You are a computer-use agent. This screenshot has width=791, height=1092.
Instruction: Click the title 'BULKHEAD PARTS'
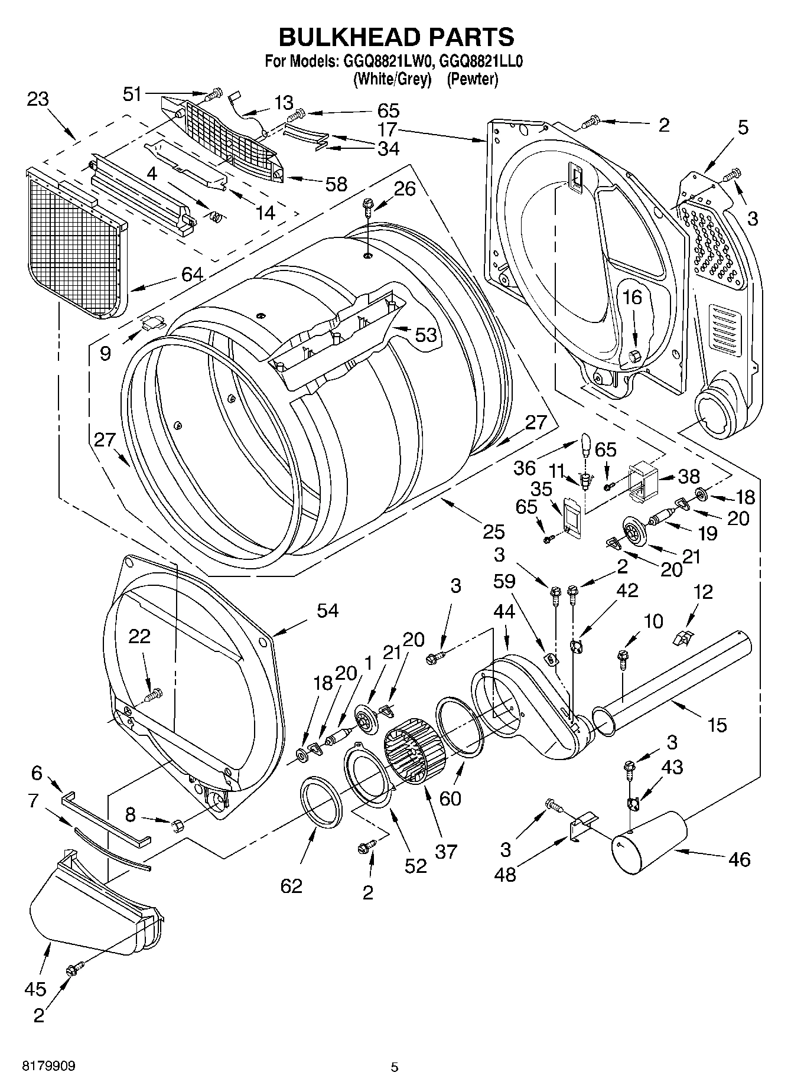[x=396, y=37]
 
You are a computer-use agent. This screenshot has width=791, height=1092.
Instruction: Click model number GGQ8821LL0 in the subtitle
[x=481, y=61]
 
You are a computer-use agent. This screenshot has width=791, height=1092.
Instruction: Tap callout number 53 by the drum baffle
[x=425, y=335]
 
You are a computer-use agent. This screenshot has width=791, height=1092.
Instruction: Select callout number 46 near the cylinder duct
[x=739, y=859]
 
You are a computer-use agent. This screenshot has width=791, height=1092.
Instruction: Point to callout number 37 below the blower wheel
[x=447, y=851]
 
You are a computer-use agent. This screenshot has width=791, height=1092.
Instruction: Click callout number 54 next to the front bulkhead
[x=327, y=610]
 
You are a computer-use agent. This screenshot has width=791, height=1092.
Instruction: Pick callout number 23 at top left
[x=37, y=99]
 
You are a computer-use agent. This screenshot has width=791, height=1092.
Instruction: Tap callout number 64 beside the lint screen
[x=193, y=274]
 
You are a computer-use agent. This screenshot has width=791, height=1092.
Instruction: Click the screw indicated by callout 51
[x=214, y=93]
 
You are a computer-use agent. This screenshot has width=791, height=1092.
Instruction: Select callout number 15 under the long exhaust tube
[x=717, y=724]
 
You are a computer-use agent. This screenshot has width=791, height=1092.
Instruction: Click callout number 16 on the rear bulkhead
[x=632, y=297]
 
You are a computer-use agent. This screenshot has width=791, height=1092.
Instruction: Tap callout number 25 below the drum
[x=494, y=532]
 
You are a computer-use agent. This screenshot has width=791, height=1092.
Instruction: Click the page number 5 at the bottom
[x=395, y=1067]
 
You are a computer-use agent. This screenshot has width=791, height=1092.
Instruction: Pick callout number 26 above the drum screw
[x=405, y=189]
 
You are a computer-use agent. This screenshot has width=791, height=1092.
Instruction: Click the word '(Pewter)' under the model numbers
[x=472, y=79]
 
